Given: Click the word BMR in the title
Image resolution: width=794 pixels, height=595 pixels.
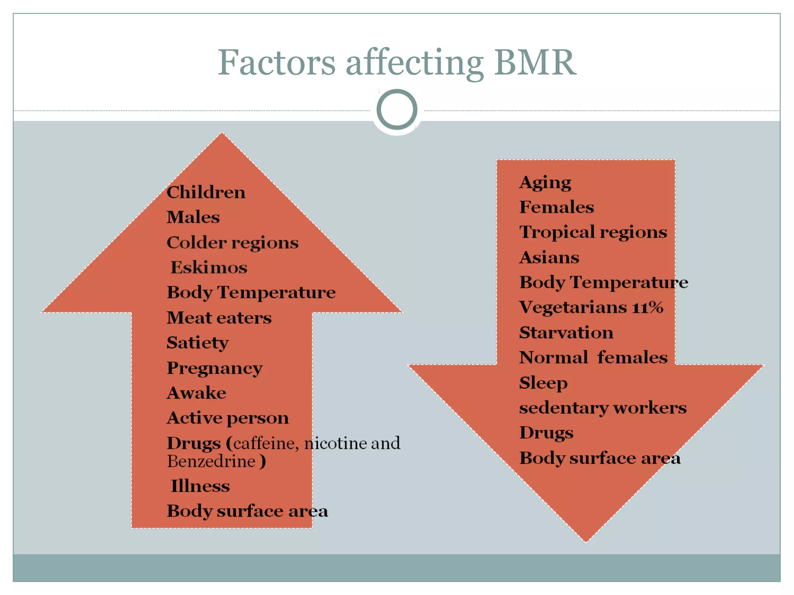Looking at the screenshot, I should (x=535, y=63).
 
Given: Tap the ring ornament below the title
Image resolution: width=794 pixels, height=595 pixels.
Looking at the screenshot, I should (x=397, y=110).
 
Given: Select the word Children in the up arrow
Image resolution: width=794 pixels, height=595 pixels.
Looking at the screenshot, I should (x=206, y=193).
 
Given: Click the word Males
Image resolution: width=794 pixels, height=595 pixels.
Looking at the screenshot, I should (x=193, y=217).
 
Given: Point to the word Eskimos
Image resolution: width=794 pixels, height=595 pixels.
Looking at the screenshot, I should (x=209, y=268).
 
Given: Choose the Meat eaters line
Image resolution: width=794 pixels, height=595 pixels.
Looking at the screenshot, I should (x=219, y=318).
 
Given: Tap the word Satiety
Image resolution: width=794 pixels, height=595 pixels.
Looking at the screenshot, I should (x=197, y=343).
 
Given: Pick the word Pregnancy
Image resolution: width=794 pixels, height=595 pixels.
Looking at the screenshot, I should (x=214, y=368).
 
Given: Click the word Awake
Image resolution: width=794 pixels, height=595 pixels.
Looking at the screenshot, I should (x=196, y=393).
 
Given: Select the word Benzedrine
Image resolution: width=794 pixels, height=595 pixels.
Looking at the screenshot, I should (x=211, y=461).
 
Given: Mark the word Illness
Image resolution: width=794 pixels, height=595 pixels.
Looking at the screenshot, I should (x=200, y=486).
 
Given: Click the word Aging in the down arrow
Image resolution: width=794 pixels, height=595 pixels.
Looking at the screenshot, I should (x=545, y=183).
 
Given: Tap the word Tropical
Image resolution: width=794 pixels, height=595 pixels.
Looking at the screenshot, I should (x=552, y=232).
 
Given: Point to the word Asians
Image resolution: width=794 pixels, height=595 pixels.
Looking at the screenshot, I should (x=549, y=258).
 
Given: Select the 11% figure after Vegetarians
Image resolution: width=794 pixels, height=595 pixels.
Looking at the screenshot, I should (x=647, y=308).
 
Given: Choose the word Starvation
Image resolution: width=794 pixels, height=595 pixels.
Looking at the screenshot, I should (x=566, y=333).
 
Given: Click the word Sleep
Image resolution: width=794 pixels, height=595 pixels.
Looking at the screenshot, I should (x=543, y=383).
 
